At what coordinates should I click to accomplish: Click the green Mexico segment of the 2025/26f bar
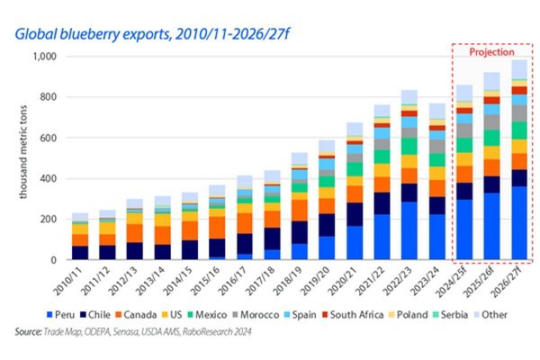click(492, 138)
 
